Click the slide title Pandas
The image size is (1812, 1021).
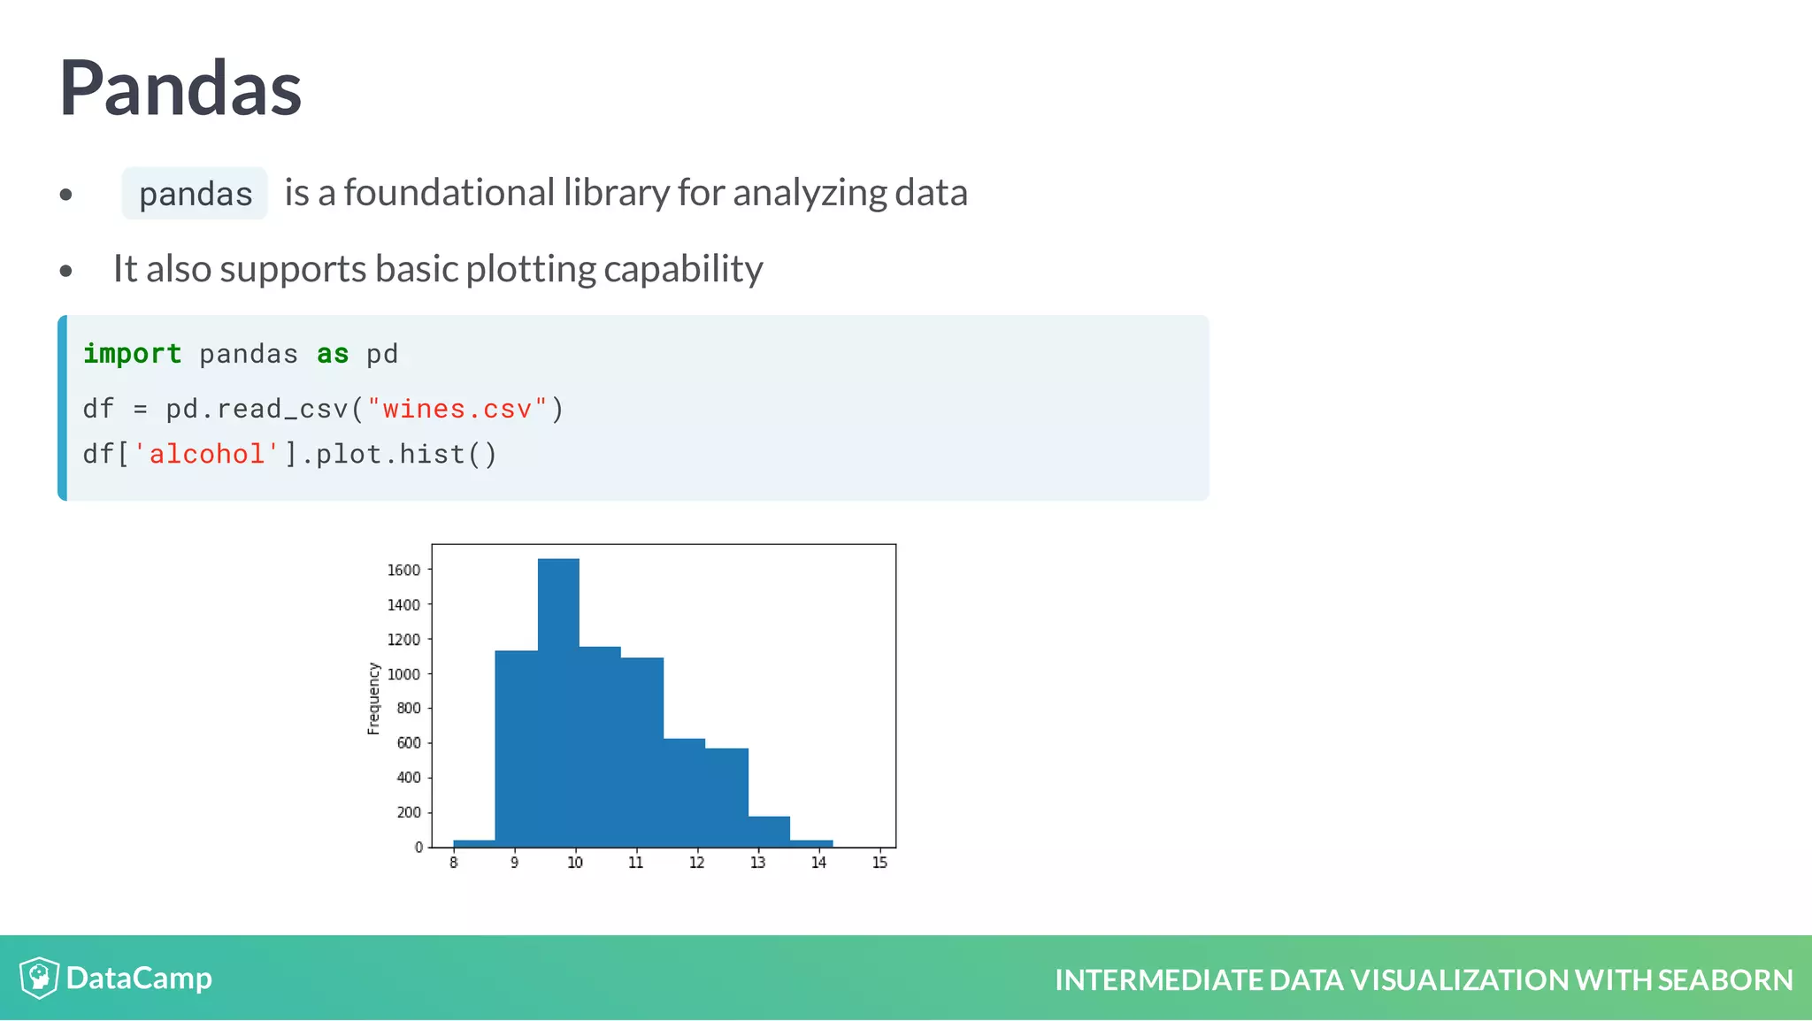tap(180, 88)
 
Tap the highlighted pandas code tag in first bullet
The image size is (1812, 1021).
tap(195, 194)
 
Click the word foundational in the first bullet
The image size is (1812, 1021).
tap(449, 193)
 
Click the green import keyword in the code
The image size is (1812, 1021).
tap(132, 354)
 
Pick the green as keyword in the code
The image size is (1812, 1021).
tap(333, 354)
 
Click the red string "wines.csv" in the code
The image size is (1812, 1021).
tap(457, 409)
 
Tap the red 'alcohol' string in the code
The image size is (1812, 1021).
tap(206, 454)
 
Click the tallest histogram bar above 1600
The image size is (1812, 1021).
tap(558, 699)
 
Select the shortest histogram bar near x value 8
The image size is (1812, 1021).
tap(473, 843)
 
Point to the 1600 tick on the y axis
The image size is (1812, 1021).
tap(403, 570)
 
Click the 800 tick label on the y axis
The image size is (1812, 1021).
tap(408, 708)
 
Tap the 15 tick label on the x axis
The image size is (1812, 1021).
tap(879, 863)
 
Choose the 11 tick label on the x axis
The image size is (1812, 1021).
tap(635, 863)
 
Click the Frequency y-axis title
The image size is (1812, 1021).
tap(373, 698)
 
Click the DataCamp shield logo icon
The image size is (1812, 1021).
tap(39, 978)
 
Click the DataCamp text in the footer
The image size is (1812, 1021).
tap(139, 978)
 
